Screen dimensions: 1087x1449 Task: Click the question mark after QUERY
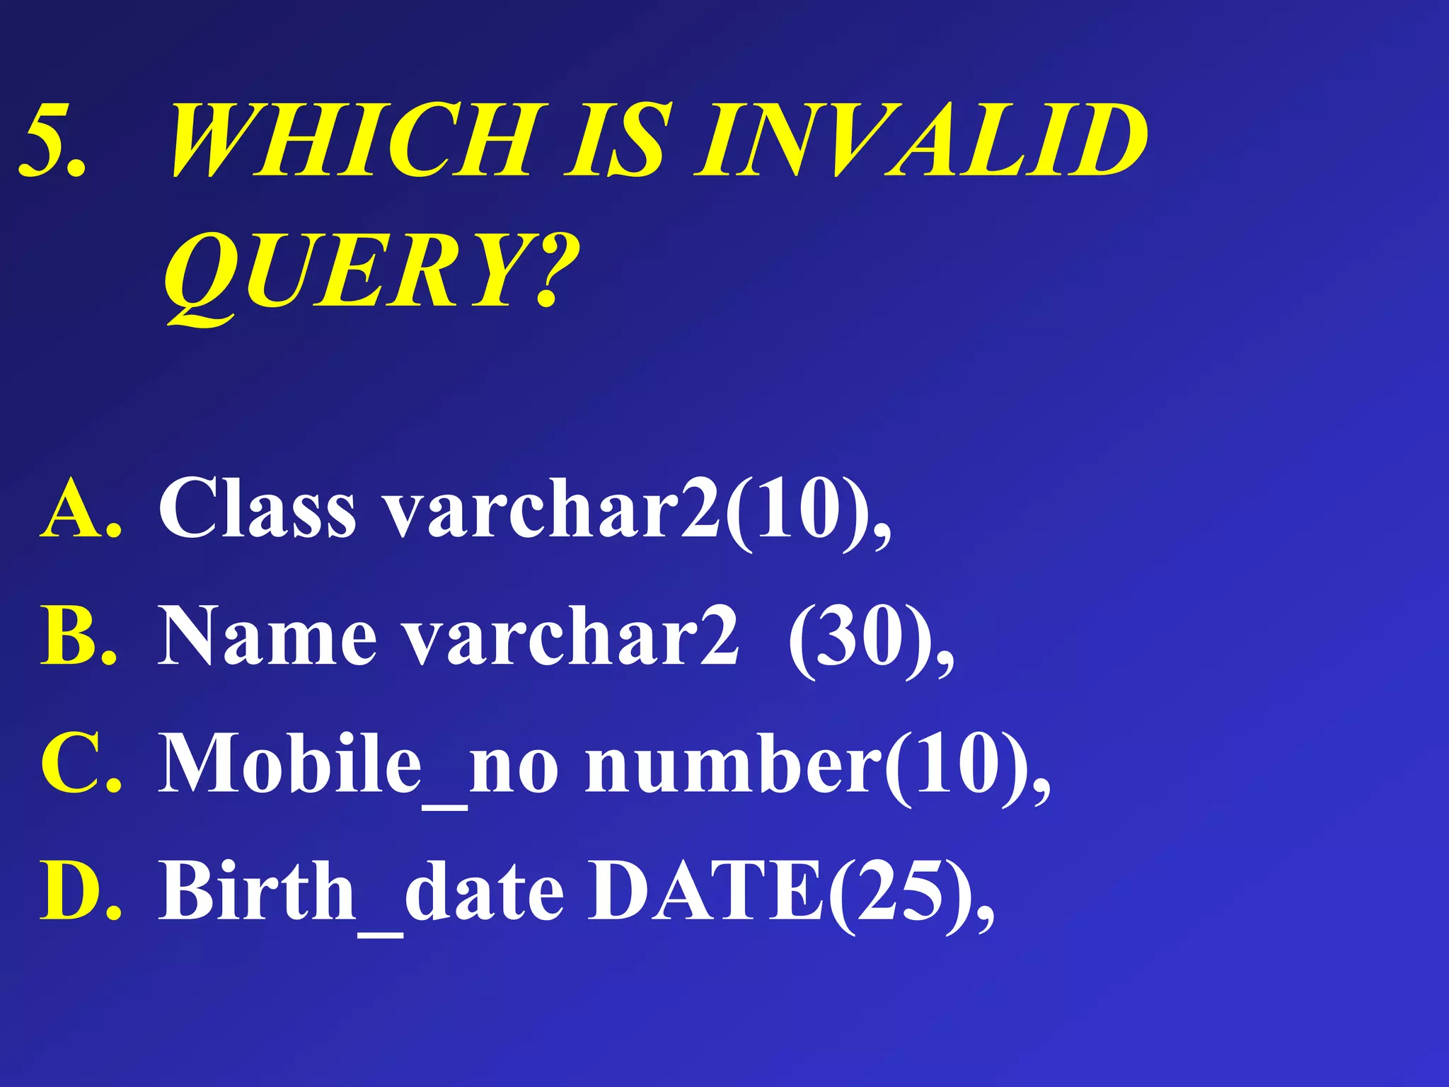pyautogui.click(x=555, y=272)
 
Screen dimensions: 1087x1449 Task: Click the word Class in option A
pyautogui.click(x=258, y=508)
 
